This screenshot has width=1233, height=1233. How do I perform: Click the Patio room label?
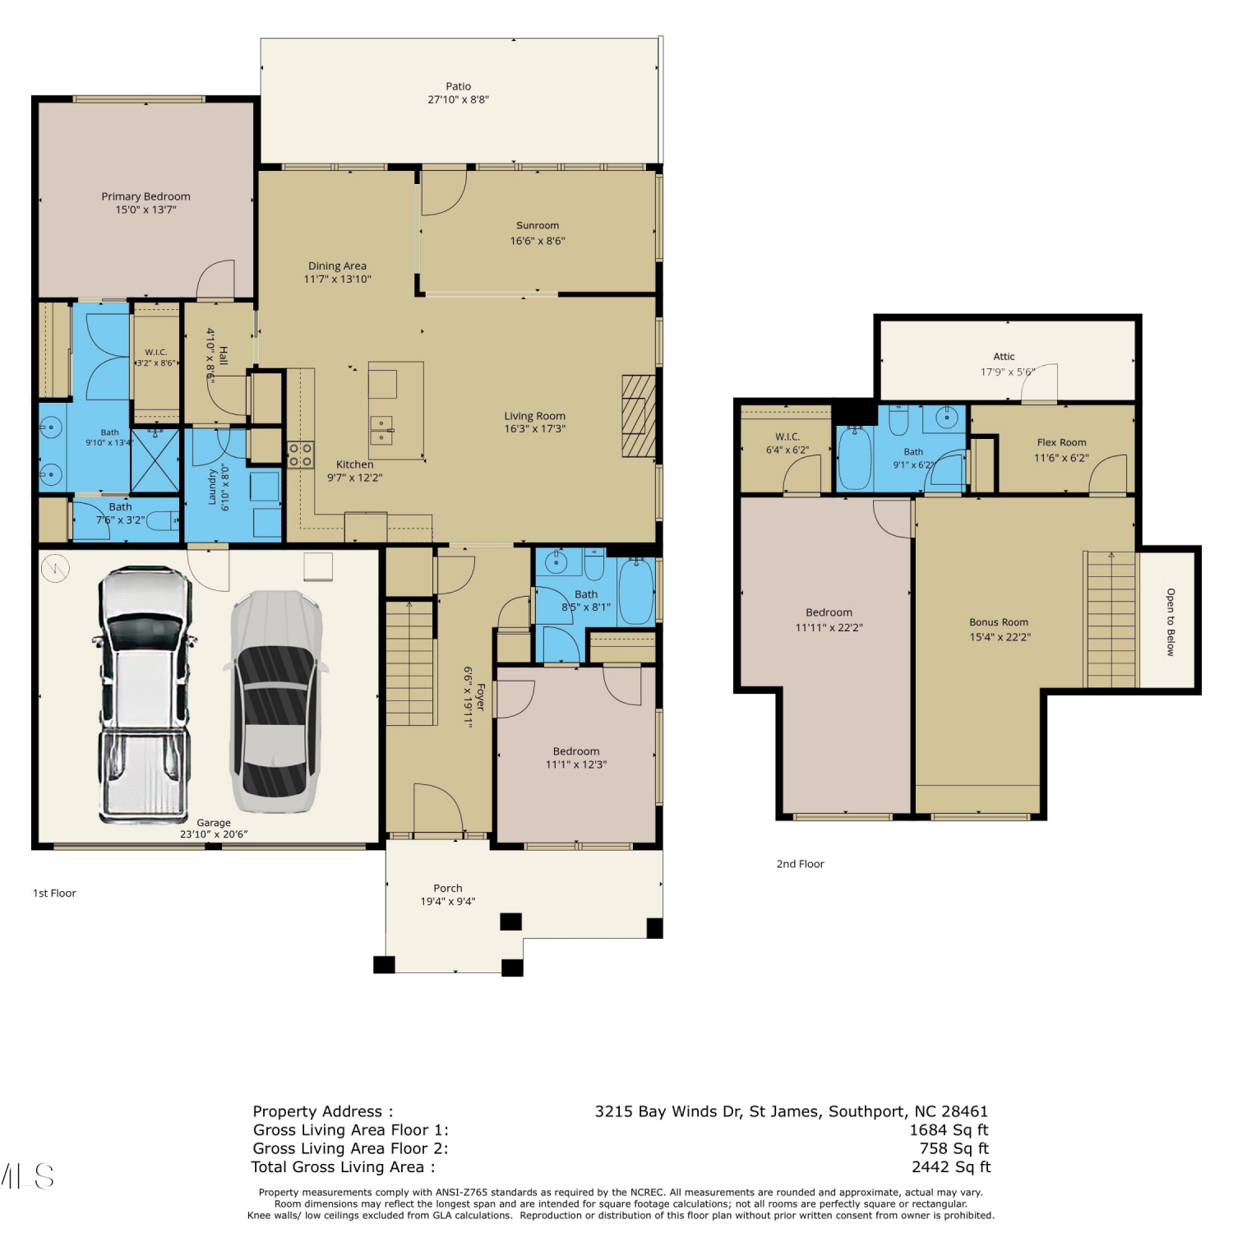[459, 86]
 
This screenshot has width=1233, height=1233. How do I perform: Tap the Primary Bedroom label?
[145, 196]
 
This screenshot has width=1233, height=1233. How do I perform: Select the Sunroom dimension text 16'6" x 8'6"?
[538, 241]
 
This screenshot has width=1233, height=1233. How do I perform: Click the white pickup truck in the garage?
[145, 695]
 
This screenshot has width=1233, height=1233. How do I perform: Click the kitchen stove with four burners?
[300, 455]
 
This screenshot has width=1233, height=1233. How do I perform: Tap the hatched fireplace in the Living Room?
[639, 416]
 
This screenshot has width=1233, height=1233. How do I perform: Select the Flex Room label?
[1061, 442]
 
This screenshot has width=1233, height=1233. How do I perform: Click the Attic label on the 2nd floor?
[1004, 357]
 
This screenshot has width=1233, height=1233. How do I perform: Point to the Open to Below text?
[1171, 622]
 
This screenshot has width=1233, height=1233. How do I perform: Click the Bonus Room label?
[999, 622]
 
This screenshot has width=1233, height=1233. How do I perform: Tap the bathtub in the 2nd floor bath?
[855, 458]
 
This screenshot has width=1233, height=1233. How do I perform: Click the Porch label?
[448, 889]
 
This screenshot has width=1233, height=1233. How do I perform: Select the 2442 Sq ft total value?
[951, 1167]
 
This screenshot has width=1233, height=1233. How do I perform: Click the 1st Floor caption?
[54, 894]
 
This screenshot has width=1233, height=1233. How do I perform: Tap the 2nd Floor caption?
[800, 864]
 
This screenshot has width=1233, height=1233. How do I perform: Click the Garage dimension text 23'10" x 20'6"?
[214, 834]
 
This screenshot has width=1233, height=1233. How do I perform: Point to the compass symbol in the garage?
[56, 568]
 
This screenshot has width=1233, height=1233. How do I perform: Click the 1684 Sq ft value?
[949, 1130]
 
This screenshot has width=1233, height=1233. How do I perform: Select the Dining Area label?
[337, 266]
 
